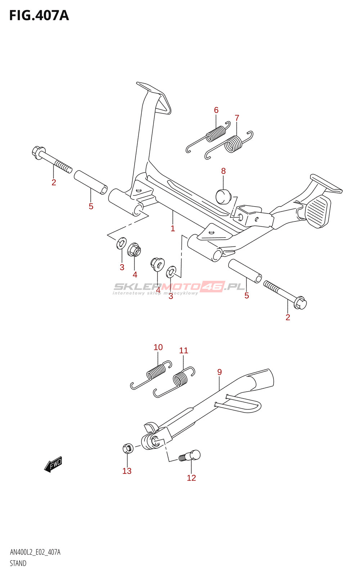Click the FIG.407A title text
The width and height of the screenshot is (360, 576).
tap(39, 15)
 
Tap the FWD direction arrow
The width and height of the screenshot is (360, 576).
tap(53, 464)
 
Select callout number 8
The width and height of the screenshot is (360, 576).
tap(223, 171)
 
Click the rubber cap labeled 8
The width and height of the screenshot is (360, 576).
tap(223, 196)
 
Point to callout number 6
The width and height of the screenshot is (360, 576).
tap(216, 110)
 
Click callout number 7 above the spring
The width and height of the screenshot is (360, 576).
tap(237, 118)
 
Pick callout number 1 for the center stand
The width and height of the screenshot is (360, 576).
tap(173, 228)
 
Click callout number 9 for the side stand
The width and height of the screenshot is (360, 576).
tap(219, 372)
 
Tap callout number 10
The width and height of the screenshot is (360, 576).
tap(158, 347)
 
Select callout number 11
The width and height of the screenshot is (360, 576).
tap(184, 350)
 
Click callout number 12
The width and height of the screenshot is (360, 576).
tap(191, 478)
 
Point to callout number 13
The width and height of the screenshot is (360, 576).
tap(127, 471)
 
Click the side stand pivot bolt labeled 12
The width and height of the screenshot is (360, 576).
tap(190, 456)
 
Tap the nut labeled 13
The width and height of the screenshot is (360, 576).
tap(128, 449)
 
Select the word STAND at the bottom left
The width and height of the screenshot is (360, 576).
tap(18, 563)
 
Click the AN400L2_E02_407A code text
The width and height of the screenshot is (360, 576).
tap(35, 552)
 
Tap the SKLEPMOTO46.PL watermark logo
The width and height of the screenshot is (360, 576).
tap(179, 287)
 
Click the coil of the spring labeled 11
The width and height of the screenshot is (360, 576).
tap(180, 379)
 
